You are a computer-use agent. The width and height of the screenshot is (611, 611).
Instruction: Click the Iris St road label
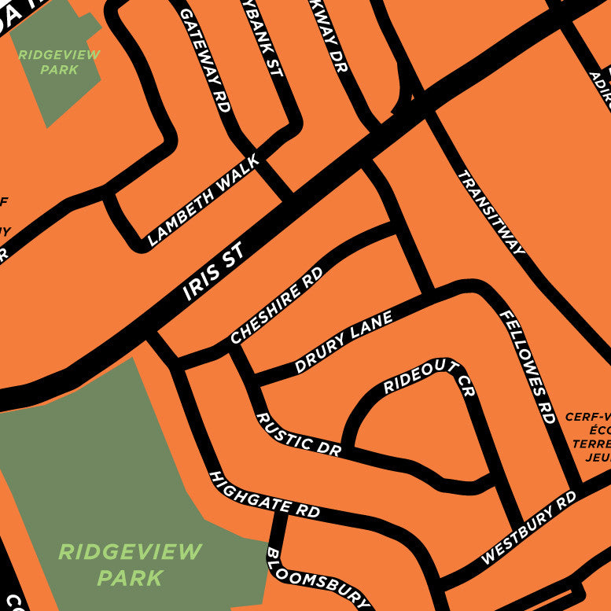coord(215,272)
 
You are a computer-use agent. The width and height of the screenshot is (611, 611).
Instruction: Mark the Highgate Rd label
coord(263,495)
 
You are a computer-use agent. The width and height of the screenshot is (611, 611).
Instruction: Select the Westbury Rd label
coord(528,527)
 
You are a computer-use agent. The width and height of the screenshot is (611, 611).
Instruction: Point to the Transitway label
coord(491,212)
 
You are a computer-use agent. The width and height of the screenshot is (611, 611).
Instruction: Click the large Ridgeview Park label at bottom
coord(130,564)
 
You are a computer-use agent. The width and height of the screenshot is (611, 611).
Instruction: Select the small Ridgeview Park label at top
coord(59,62)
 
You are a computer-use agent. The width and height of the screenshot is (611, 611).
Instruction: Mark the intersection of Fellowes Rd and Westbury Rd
coord(576,482)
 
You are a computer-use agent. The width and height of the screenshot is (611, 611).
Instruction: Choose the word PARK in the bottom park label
coord(130,578)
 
